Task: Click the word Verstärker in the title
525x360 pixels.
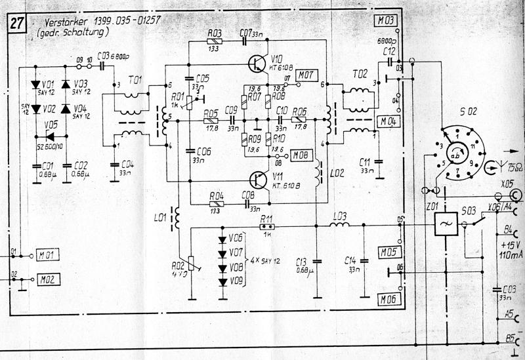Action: [x=63, y=22]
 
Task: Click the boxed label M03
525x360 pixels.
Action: [x=386, y=22]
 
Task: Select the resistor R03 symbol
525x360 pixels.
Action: [x=213, y=41]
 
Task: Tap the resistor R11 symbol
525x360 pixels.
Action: [x=266, y=228]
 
